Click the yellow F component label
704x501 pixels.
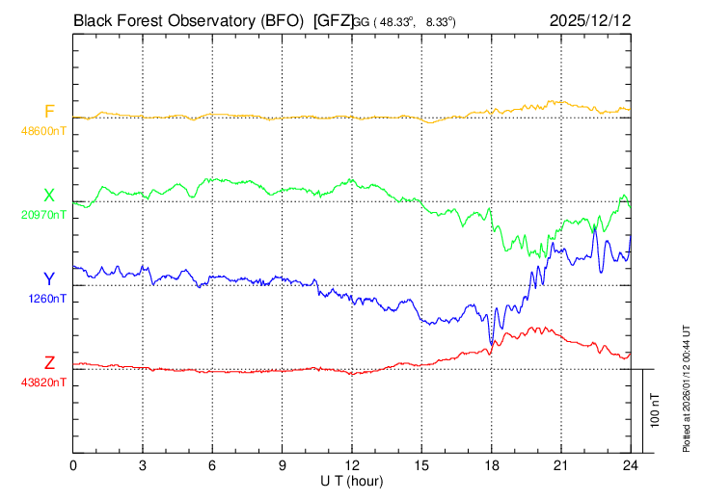49,112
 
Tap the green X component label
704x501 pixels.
49,196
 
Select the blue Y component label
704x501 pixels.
49,279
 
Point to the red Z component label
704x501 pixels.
49,363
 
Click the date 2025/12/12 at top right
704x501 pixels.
588,19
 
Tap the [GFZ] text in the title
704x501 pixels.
333,19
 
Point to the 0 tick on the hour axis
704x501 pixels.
73,465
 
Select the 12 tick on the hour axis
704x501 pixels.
352,465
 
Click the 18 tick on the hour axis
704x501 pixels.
491,465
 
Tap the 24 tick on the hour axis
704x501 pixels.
631,465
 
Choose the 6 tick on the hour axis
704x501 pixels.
212,465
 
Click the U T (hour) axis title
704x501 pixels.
352,480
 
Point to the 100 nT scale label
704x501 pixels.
656,409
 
